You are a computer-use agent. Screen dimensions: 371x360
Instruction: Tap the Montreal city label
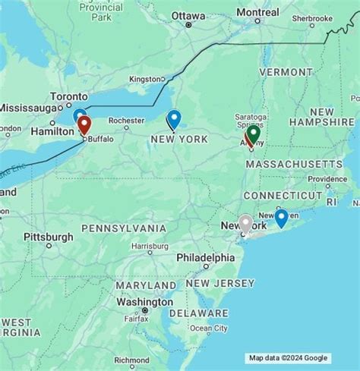pos(257,12)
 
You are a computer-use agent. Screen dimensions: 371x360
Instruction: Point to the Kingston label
pos(144,78)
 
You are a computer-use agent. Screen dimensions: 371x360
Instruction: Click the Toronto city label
pos(69,96)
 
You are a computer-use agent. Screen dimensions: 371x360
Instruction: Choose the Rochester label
pos(126,120)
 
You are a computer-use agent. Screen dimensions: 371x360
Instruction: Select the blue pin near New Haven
pos(281,218)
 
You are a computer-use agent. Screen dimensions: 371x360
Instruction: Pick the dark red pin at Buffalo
pos(84,125)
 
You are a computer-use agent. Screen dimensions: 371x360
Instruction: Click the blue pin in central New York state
pos(174,118)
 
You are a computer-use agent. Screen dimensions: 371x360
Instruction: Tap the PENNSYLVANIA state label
pos(123,228)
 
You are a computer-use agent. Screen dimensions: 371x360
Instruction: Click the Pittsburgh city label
pos(49,237)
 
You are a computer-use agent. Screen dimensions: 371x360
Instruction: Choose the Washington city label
pos(142,301)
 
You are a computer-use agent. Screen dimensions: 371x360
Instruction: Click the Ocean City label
pos(208,328)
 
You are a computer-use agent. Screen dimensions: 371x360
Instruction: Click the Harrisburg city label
pos(149,247)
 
